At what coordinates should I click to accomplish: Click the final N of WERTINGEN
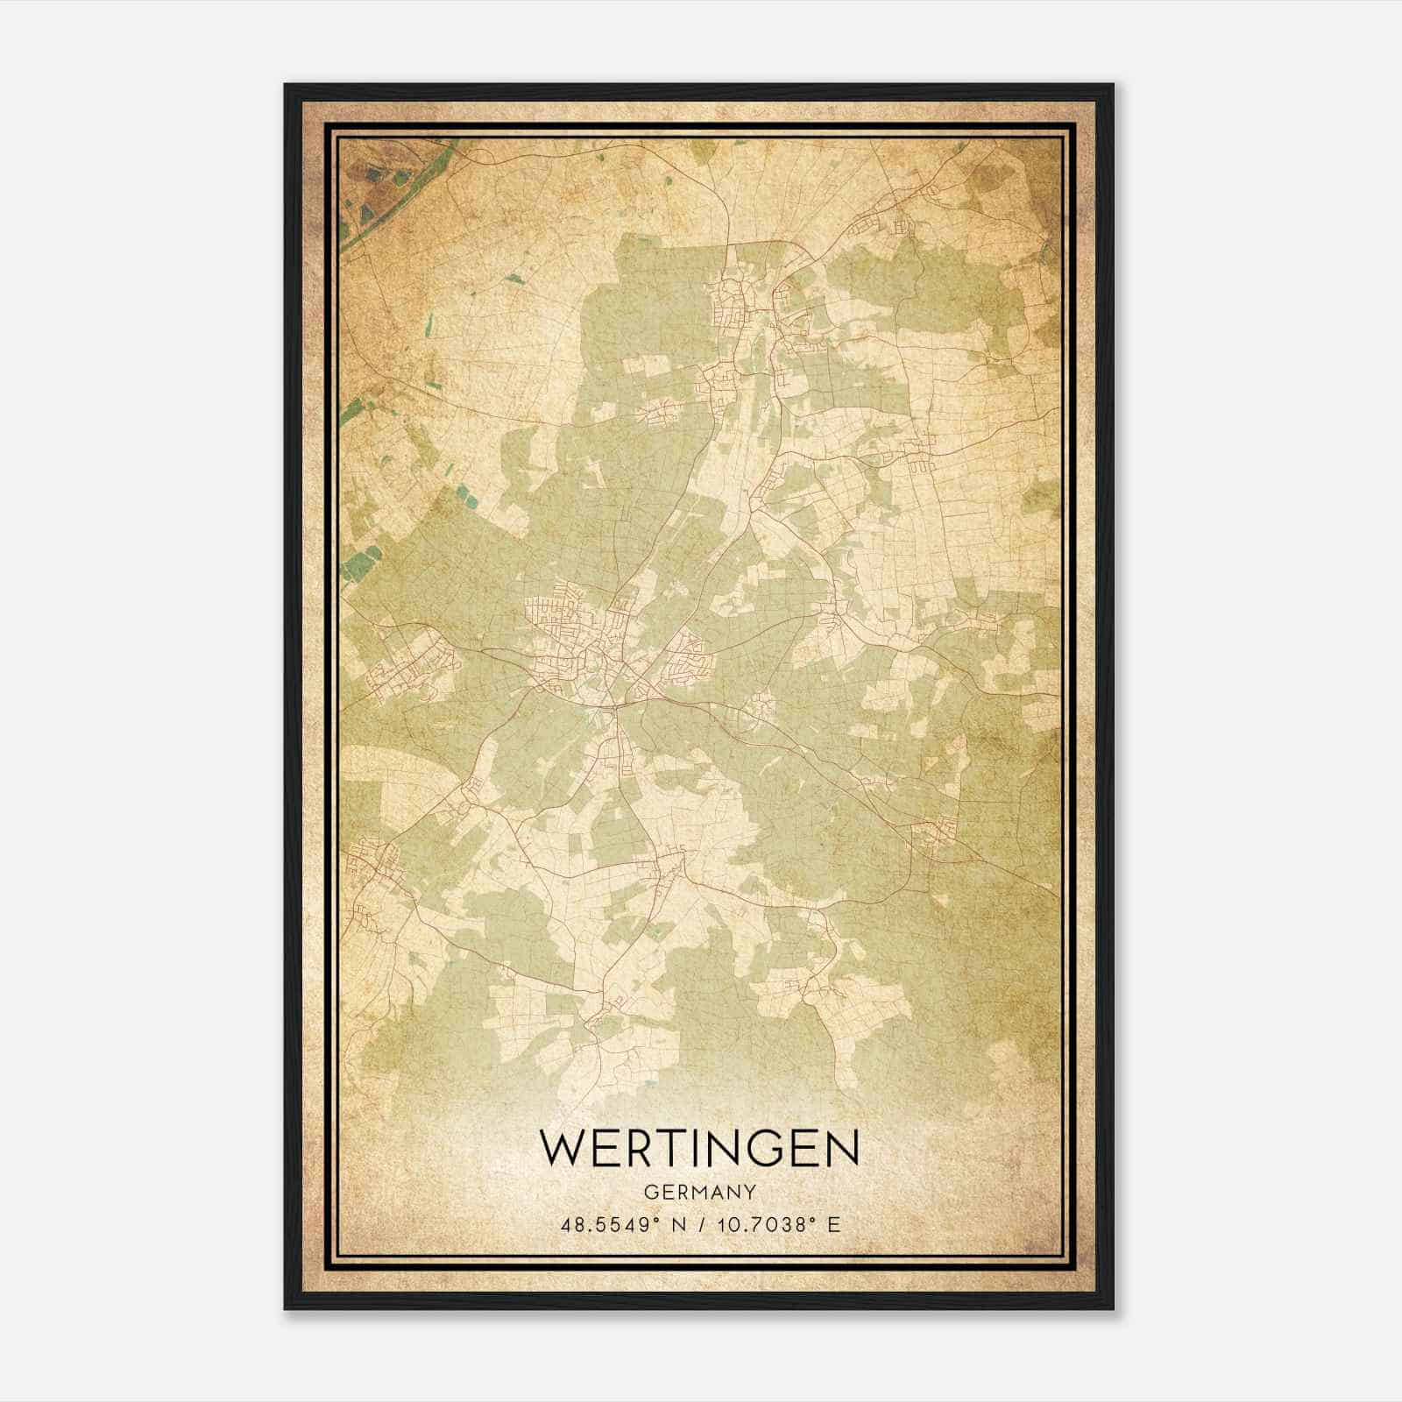click(839, 1148)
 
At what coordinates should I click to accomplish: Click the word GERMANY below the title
click(699, 1193)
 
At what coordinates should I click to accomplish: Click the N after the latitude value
click(677, 1225)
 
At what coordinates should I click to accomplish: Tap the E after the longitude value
click(832, 1225)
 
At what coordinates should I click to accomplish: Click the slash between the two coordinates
click(700, 1225)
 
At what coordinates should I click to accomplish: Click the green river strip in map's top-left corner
click(359, 219)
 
